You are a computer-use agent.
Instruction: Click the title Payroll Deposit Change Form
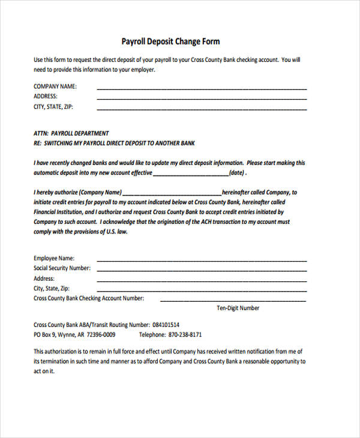click(170, 41)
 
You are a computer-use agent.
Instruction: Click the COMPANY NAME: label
click(55, 86)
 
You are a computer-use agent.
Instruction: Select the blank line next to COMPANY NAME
click(202, 88)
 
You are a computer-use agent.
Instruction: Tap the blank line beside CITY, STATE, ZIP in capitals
click(202, 109)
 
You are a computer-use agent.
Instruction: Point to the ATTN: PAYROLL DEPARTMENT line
click(71, 133)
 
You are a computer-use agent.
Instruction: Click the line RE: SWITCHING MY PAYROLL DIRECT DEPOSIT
click(114, 143)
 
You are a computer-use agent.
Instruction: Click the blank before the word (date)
click(191, 175)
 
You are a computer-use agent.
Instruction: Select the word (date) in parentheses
click(237, 173)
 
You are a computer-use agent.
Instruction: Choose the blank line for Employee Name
click(202, 260)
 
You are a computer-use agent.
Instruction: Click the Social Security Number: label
click(62, 268)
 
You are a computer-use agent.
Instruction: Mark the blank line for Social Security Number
click(202, 271)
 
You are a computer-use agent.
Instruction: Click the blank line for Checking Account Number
click(233, 300)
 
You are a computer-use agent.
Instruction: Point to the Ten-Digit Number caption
click(238, 308)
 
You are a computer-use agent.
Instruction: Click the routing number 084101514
click(166, 324)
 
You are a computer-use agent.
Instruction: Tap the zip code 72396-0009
click(101, 335)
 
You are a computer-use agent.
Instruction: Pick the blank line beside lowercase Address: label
click(202, 281)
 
